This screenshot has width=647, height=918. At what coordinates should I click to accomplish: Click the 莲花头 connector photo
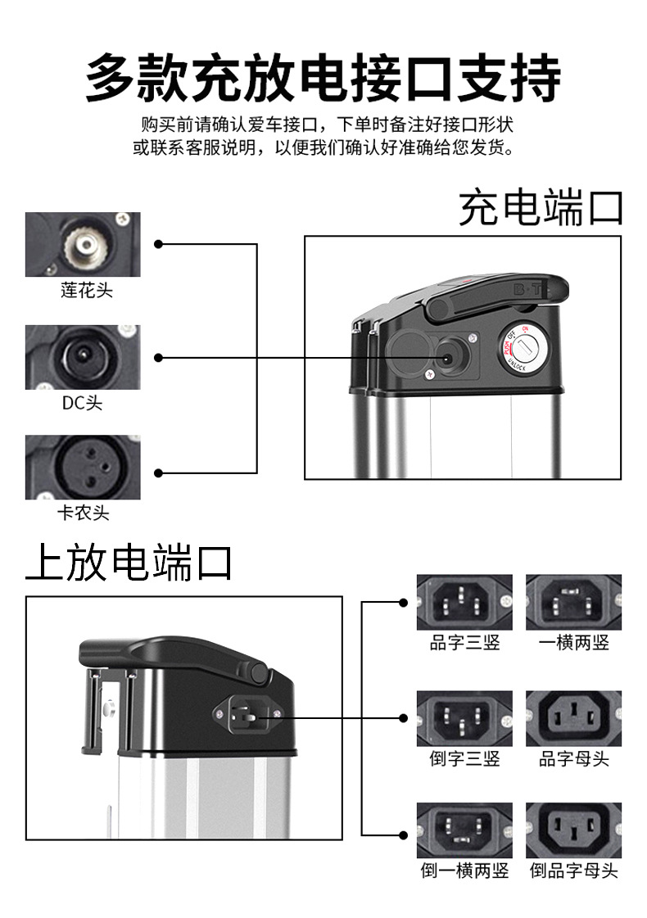[83, 244]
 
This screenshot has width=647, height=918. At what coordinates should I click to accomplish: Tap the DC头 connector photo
[83, 357]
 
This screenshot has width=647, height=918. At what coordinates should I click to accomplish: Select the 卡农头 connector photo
[83, 467]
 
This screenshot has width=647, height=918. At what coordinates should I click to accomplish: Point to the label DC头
[83, 403]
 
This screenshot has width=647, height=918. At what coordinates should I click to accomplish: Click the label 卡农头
[83, 513]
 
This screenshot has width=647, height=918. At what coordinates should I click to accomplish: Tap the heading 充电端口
[541, 208]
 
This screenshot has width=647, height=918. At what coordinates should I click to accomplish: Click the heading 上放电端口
[129, 563]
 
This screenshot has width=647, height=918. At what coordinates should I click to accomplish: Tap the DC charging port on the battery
[449, 358]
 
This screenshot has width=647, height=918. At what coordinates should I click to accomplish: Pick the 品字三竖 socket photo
[464, 602]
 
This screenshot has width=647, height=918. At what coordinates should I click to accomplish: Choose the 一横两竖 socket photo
[573, 602]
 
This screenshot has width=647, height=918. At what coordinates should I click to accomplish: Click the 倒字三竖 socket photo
[464, 718]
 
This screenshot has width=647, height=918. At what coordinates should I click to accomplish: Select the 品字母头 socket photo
[573, 718]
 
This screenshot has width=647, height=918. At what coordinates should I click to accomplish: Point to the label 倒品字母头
[573, 871]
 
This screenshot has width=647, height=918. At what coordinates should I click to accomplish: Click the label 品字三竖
[464, 643]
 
